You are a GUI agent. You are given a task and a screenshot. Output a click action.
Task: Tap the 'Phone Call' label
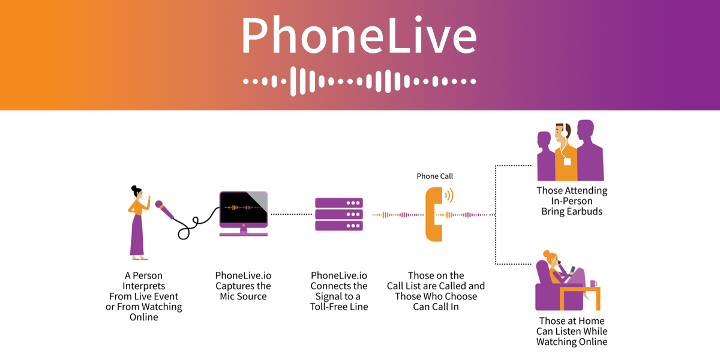(435, 176)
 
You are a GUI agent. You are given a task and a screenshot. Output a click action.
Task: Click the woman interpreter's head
(136, 192)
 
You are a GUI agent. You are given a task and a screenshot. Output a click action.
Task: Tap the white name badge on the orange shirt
(567, 161)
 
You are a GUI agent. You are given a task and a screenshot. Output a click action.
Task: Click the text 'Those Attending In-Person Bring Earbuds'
(571, 201)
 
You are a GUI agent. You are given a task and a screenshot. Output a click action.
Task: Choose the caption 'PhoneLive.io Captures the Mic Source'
(243, 286)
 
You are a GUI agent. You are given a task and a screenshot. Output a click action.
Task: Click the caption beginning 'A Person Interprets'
(144, 296)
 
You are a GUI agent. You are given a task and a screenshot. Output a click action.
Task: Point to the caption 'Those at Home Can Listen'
(572, 331)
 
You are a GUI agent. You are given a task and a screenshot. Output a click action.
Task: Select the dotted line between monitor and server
(290, 214)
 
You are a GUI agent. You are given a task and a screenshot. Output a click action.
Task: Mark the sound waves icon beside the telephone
(449, 196)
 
